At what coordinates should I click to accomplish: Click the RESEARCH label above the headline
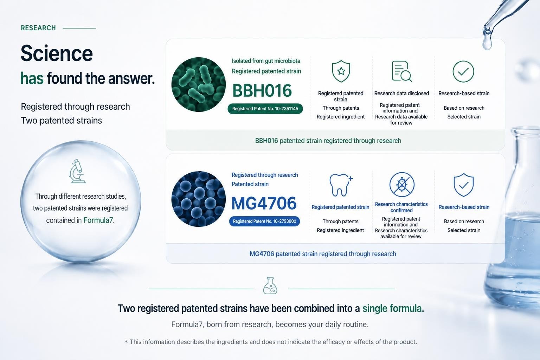[38, 28]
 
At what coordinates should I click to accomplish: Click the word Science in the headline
[57, 53]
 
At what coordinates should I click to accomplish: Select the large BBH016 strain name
[262, 91]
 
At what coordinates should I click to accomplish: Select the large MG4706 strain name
[264, 203]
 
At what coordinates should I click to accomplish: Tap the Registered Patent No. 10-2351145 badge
[265, 109]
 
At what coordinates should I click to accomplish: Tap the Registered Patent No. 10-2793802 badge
[264, 221]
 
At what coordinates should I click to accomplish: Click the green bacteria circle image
[198, 85]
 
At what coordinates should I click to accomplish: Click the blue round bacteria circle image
[198, 199]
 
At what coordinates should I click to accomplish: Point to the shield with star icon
[341, 71]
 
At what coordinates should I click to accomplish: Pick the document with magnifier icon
[401, 71]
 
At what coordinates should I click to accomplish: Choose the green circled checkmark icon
[463, 72]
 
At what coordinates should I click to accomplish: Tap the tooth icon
[340, 185]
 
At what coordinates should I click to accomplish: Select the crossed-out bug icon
[402, 185]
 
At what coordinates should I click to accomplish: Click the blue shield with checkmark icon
[464, 185]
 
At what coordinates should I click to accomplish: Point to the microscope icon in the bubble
[77, 171]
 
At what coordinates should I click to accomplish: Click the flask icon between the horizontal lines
[270, 286]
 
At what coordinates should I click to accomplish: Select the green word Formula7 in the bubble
[98, 220]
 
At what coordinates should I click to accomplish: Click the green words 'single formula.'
[393, 308]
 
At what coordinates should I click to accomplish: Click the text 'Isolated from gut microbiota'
[266, 61]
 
